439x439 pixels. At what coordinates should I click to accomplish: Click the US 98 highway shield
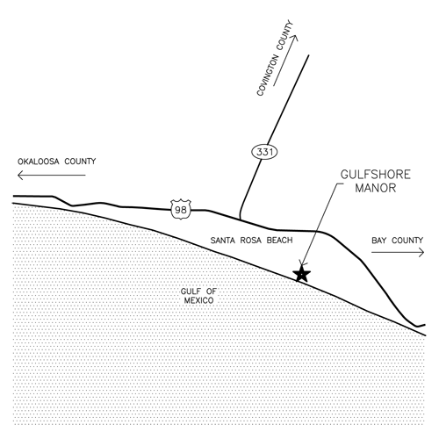click(x=181, y=210)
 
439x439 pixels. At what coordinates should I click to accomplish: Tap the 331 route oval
click(x=264, y=152)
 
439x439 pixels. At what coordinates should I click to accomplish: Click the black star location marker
click(x=301, y=274)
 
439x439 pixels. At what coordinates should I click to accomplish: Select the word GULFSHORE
click(x=376, y=175)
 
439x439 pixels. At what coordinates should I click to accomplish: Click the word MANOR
click(x=376, y=188)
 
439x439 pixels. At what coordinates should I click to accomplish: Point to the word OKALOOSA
click(x=39, y=162)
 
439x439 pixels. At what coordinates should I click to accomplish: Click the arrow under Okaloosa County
click(x=52, y=176)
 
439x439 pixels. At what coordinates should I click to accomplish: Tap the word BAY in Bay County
click(x=378, y=241)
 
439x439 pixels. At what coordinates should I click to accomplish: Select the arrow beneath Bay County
click(x=398, y=252)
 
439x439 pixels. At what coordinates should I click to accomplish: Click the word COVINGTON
click(x=267, y=76)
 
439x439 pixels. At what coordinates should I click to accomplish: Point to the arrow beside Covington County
click(x=285, y=61)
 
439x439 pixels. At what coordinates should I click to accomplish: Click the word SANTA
click(x=222, y=241)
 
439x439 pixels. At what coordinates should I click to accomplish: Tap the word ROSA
click(x=250, y=241)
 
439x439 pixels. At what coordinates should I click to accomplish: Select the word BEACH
click(x=279, y=241)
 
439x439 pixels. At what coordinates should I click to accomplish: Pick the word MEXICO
click(x=198, y=300)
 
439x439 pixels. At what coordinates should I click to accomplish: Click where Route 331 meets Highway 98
click(x=240, y=219)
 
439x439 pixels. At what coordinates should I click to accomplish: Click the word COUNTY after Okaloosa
click(x=80, y=162)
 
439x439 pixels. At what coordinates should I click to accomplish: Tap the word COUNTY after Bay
click(x=407, y=241)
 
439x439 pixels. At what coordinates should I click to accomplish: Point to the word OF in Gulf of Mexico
click(x=212, y=291)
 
